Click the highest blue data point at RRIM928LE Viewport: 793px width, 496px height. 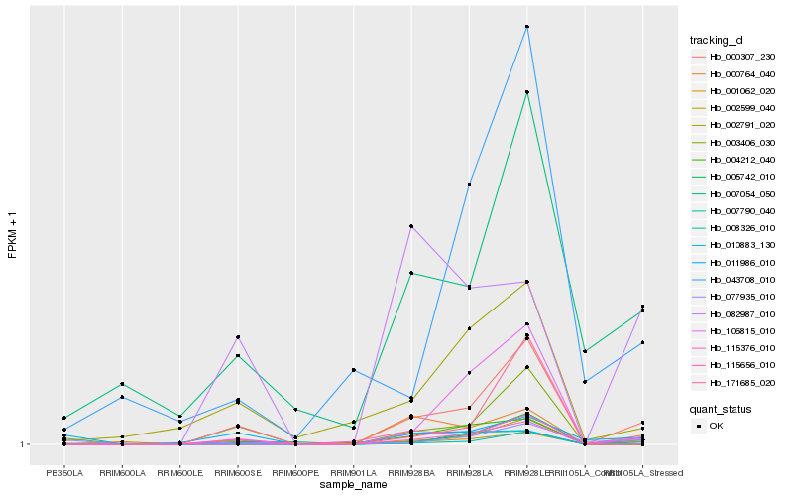tap(527, 27)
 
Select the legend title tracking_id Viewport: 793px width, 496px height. tap(717, 40)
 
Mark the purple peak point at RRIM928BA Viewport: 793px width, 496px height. tap(411, 227)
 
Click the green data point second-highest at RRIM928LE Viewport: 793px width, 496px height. tap(527, 92)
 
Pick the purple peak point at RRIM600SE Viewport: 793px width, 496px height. tap(238, 337)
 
